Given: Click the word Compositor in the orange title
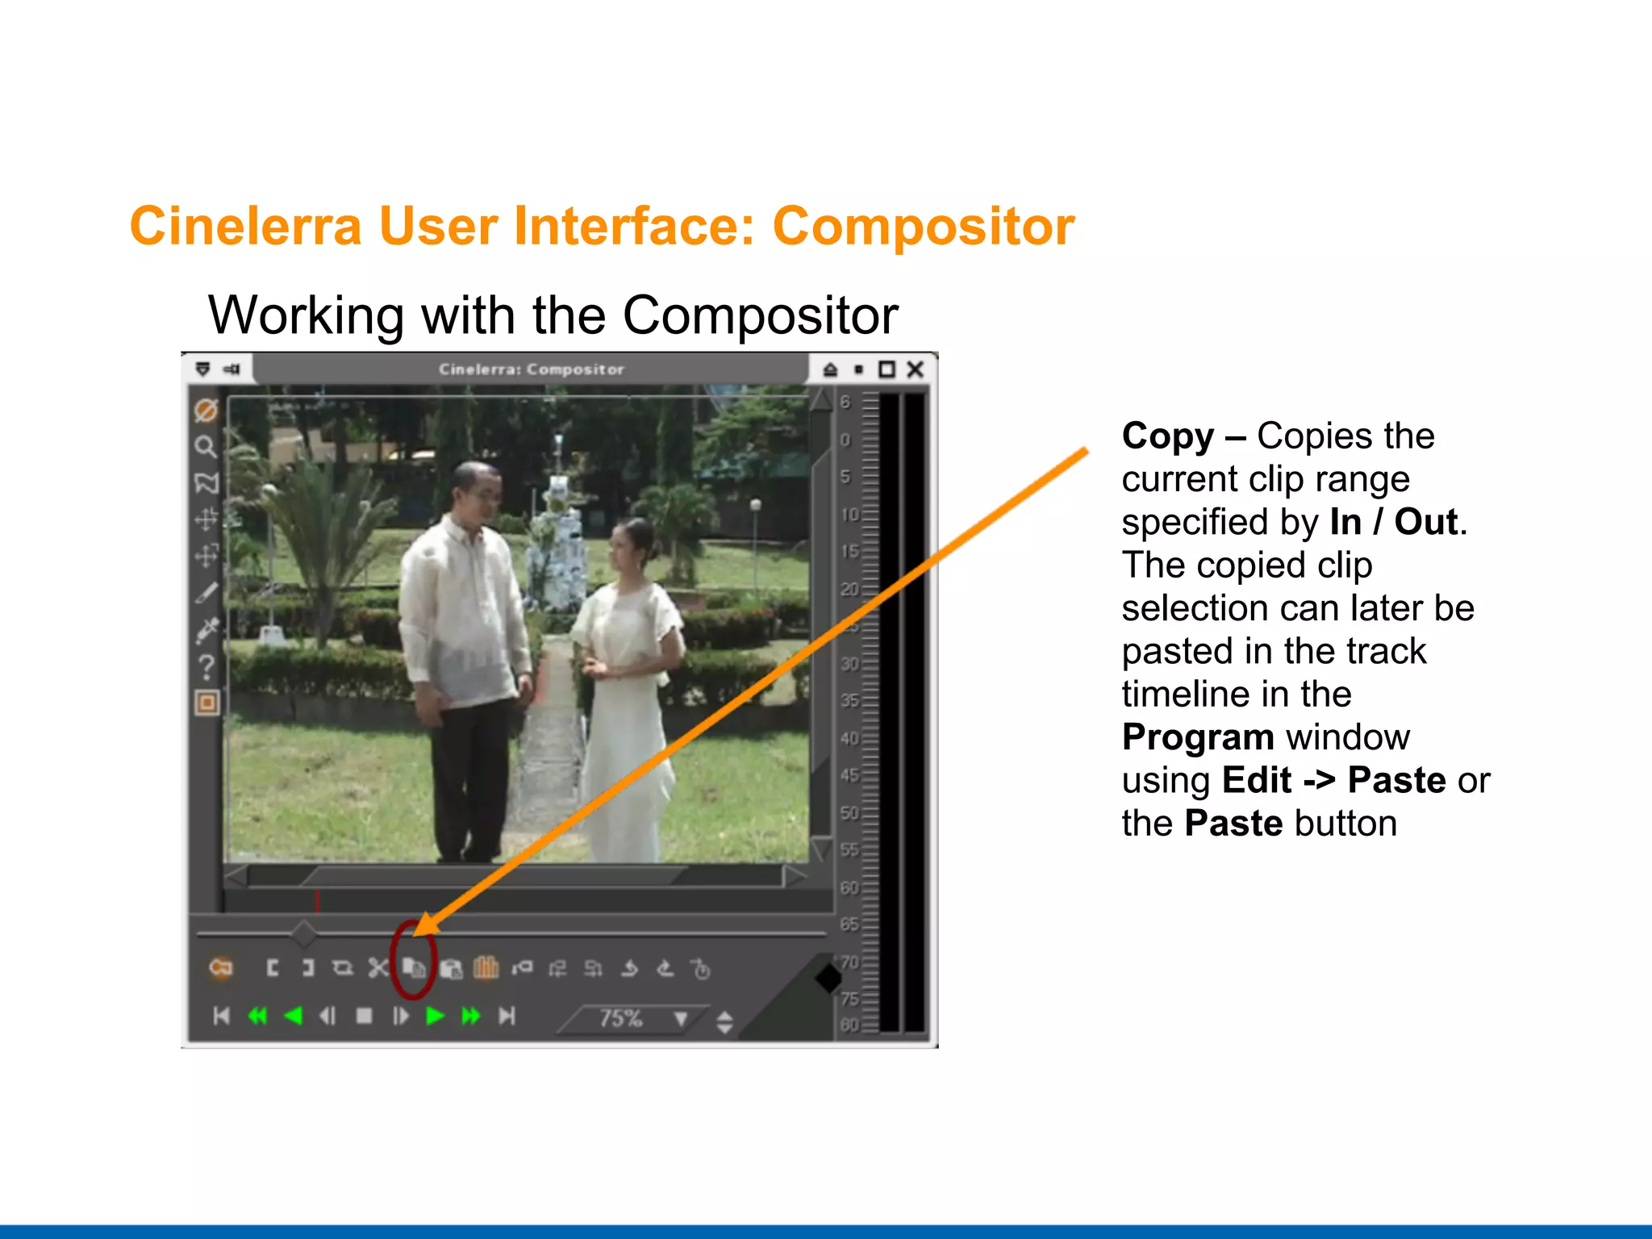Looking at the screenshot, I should [923, 227].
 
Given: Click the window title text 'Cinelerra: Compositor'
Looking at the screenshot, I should [531, 369].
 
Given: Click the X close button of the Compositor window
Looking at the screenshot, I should [915, 369].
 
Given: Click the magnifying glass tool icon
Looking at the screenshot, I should [206, 446].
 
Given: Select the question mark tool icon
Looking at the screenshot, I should [206, 667].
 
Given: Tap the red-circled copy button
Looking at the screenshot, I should [414, 967].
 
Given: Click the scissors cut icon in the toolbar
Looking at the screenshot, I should [378, 968].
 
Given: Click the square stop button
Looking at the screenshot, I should [365, 1016].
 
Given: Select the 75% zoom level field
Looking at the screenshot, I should [621, 1018].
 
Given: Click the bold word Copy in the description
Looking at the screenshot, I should [1167, 436].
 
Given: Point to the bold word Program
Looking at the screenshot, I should [1197, 737].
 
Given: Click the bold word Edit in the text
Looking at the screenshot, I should [1256, 781].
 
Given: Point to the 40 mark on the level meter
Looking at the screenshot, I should [849, 738].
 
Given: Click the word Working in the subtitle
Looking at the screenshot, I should [306, 315].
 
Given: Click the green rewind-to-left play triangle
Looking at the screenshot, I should [294, 1016].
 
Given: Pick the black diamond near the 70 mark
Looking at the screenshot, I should [828, 978].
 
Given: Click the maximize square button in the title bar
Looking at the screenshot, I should [886, 369].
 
